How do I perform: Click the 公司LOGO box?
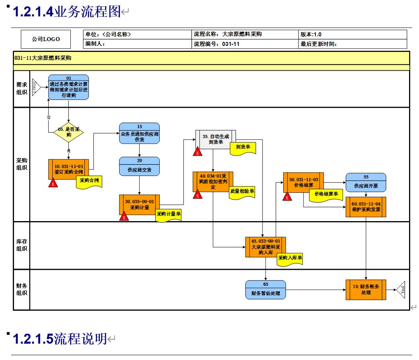(46, 39)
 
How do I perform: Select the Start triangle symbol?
(36, 87)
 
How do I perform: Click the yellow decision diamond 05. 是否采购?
(69, 132)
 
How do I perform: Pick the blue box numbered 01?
(69, 87)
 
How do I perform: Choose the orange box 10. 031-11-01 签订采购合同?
(69, 169)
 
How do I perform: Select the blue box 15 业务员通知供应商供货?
(139, 133)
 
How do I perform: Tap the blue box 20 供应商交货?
(139, 166)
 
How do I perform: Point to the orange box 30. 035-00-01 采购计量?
(139, 204)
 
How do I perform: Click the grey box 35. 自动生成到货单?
(215, 139)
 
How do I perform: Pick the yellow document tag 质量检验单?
(242, 191)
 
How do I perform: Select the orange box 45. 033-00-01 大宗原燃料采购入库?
(266, 247)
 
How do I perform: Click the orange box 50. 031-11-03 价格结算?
(304, 182)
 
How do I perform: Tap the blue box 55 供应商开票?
(366, 182)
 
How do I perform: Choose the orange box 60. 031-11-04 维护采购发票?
(366, 206)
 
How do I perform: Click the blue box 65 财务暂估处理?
(266, 290)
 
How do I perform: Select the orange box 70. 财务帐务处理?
(366, 290)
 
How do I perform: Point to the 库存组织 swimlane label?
(22, 245)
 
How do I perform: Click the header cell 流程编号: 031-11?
(245, 44)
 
